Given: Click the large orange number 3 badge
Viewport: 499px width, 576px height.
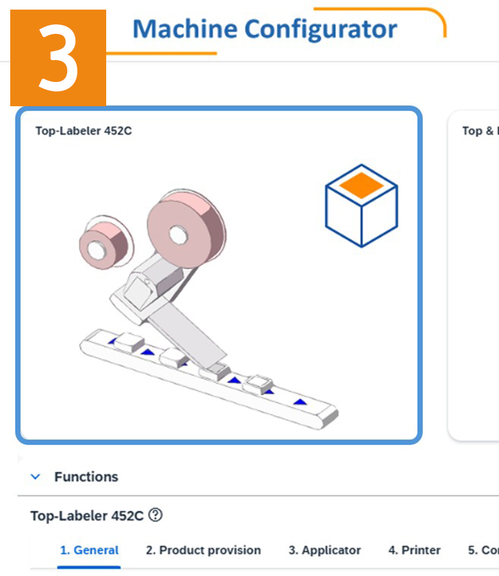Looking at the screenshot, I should pyautogui.click(x=58, y=58).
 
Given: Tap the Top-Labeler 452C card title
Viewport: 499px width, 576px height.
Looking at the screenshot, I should pyautogui.click(x=84, y=131).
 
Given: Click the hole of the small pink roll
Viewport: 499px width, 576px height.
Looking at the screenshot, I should pyautogui.click(x=97, y=248).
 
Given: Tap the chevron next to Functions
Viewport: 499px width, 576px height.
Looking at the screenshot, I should pyautogui.click(x=36, y=477).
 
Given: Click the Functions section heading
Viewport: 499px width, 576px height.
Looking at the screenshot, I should pyautogui.click(x=86, y=477).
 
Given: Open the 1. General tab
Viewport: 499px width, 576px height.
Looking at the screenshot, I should pyautogui.click(x=90, y=550).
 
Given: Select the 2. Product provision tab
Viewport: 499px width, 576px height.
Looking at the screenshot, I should pyautogui.click(x=203, y=550).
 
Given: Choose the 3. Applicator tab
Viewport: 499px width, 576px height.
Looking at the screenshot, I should pyautogui.click(x=324, y=550).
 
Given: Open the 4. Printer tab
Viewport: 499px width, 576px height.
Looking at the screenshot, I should pyautogui.click(x=415, y=550).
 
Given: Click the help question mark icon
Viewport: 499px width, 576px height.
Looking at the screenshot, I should pyautogui.click(x=155, y=515).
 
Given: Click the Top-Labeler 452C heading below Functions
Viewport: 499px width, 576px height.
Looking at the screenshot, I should pyautogui.click(x=87, y=516).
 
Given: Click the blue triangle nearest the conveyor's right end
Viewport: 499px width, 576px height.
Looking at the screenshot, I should pyautogui.click(x=299, y=402).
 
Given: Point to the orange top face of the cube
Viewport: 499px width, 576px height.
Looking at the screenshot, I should pyautogui.click(x=361, y=184).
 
